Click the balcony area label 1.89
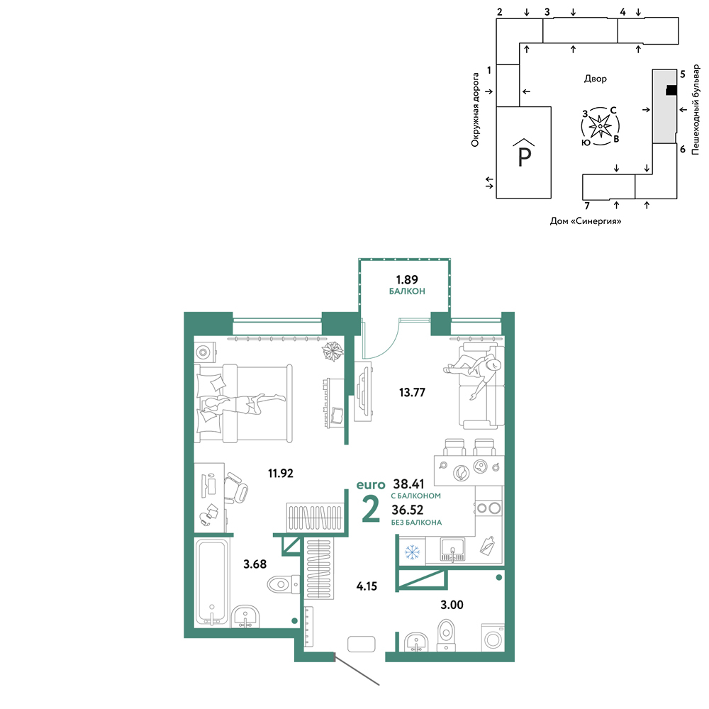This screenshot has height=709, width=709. tap(407, 279)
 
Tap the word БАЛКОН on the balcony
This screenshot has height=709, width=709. tap(407, 291)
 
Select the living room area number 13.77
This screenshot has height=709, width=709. tap(412, 392)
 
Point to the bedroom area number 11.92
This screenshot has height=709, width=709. tap(280, 473)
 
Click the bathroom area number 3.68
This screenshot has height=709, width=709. tap(255, 564)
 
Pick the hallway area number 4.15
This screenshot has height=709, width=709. tap(367, 586)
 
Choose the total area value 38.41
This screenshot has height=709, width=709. tap(409, 484)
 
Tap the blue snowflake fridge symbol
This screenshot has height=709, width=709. tap(412, 552)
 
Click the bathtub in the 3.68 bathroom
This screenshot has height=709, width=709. tap(211, 583)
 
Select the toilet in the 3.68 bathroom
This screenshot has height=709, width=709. tap(283, 584)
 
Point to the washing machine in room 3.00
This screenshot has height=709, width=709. tap(493, 638)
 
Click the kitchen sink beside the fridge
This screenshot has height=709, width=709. tap(452, 549)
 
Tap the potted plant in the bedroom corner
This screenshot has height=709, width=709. tap(333, 350)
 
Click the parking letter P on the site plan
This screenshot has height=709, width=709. tap(524, 156)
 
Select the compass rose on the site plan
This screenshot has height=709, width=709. tap(600, 126)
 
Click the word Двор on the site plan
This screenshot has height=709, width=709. tap(595, 79)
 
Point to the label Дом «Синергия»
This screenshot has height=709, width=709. tap(586, 221)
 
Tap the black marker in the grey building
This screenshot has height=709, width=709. tap(671, 91)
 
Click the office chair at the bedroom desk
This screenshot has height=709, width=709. tap(236, 488)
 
